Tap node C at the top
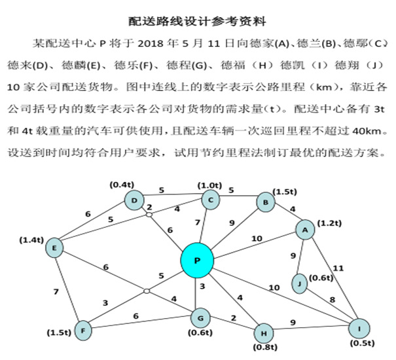(211, 200)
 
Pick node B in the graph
(264, 202)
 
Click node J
(300, 285)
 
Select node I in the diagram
(359, 329)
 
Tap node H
(264, 331)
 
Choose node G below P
(200, 319)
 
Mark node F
(82, 330)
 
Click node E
(54, 247)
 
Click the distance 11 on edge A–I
(338, 268)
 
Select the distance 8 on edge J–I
(332, 300)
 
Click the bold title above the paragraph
(198, 20)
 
